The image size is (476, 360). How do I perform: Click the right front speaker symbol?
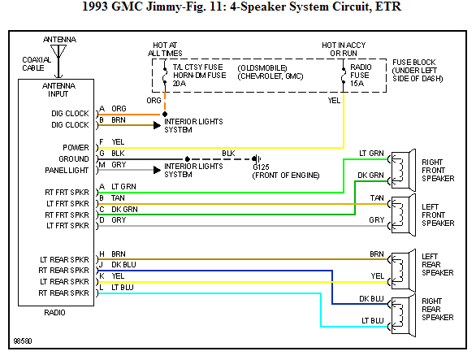click(403, 168)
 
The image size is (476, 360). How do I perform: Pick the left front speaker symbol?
click(403, 212)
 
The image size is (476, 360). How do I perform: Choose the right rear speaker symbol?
click(403, 311)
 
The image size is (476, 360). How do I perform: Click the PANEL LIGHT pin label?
click(67, 170)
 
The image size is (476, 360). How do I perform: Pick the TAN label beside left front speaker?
click(376, 198)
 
